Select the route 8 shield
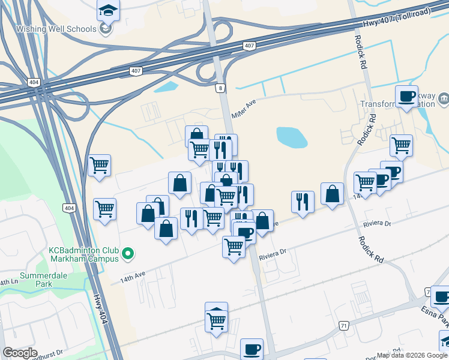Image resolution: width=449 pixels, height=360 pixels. coord(221,88)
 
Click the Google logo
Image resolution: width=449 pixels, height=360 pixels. coord(20,353)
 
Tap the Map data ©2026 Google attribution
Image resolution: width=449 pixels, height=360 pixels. coord(412,355)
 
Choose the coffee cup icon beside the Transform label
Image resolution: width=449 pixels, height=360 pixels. coord(406,96)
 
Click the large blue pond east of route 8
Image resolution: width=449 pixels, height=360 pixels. coord(292,137)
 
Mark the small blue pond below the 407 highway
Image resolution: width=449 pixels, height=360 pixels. coord(166,86)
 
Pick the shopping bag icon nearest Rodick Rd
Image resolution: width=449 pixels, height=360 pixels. coord(332,194)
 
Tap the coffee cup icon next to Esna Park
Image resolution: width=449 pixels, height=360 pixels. coord(441,296)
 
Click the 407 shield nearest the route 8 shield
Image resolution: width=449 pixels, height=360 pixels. coord(249,46)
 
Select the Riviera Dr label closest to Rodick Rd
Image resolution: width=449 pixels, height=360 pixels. coord(376,224)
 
